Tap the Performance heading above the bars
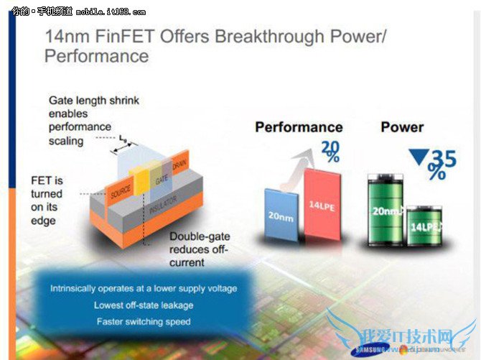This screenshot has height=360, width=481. click(299, 127)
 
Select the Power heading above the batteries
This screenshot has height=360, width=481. click(402, 127)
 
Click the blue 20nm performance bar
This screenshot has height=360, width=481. click(281, 213)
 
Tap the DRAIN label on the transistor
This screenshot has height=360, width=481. click(179, 161)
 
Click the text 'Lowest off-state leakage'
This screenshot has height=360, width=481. click(143, 305)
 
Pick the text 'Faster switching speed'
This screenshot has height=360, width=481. click(143, 321)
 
